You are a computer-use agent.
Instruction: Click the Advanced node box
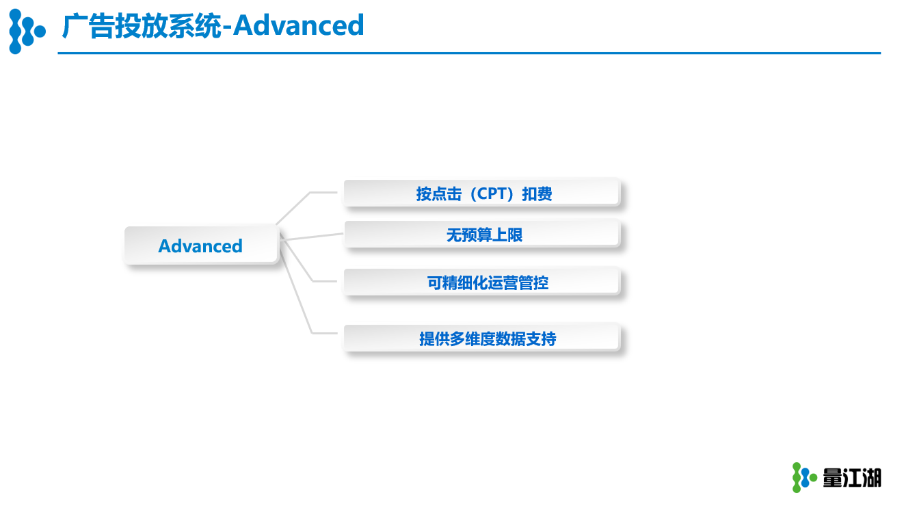201,245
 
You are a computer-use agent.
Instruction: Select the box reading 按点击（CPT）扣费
481,193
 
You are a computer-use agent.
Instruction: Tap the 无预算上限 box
481,234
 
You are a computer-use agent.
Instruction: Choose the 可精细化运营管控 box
481,282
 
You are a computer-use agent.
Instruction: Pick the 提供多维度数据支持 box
481,338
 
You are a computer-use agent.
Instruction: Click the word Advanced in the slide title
298,25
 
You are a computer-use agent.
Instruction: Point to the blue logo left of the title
27,31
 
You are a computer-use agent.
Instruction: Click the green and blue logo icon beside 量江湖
804,477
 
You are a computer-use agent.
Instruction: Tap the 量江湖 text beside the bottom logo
852,478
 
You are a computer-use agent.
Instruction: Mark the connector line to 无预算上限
311,237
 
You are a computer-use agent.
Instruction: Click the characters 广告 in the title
88,26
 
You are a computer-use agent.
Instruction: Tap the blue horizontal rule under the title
469,53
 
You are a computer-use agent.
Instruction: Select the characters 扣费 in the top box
537,194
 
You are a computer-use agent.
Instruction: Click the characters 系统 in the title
195,26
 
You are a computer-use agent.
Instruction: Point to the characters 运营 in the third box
503,282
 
